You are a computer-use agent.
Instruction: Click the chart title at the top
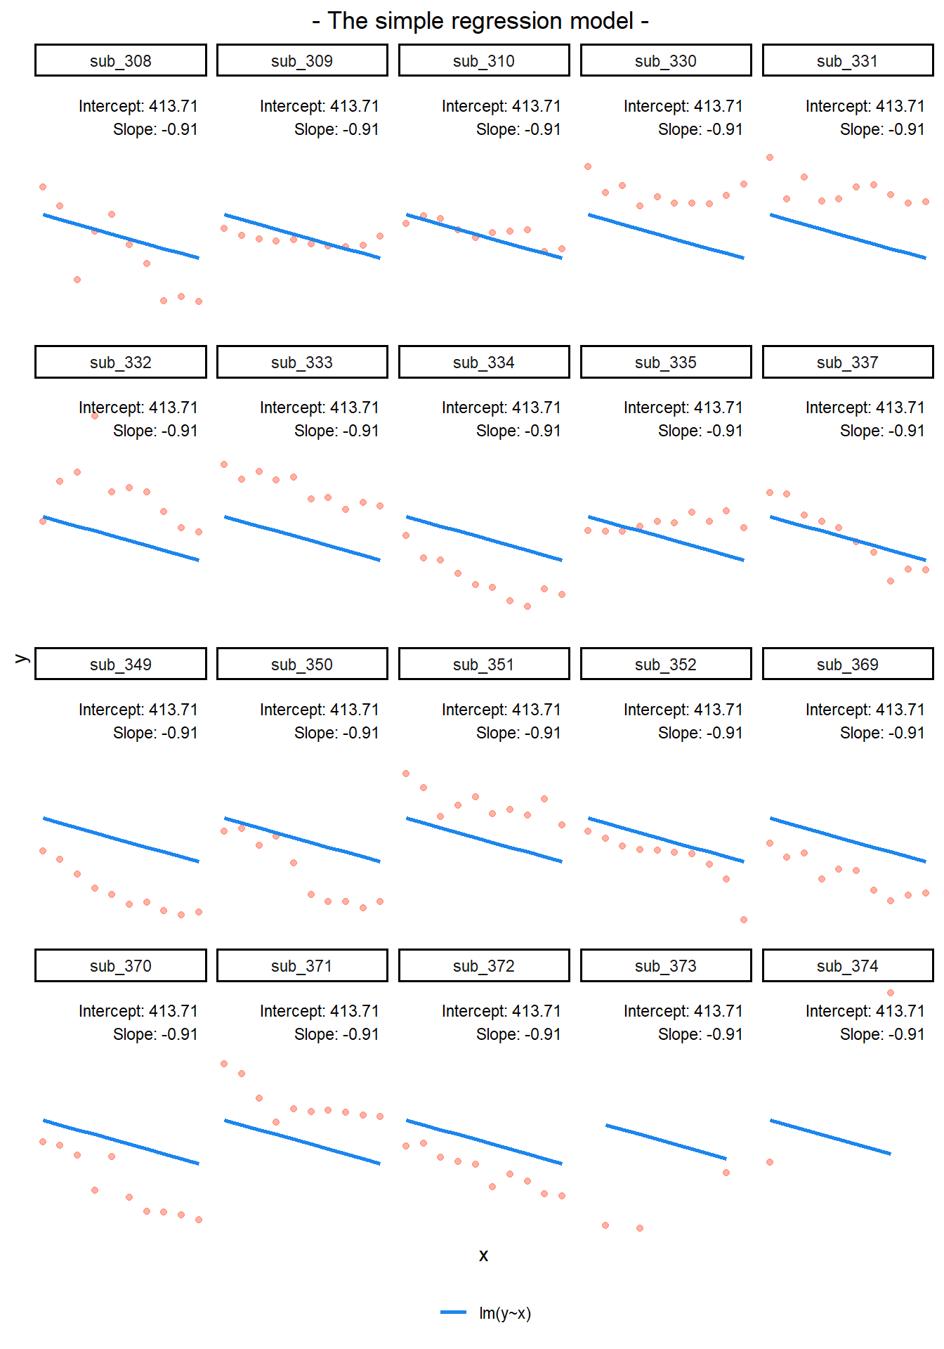point(480,21)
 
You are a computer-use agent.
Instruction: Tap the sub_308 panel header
point(121,61)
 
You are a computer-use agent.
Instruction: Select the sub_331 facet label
point(848,61)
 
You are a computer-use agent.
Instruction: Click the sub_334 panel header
point(484,363)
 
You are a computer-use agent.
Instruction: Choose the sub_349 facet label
point(121,665)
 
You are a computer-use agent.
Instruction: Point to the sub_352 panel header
point(666,665)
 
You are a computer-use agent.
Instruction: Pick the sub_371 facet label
point(302,966)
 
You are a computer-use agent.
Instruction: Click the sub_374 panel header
point(848,966)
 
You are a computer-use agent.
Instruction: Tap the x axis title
point(483,1256)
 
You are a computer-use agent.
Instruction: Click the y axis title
point(21,658)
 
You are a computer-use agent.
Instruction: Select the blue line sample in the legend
point(454,1312)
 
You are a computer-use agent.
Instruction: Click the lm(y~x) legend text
point(505,1313)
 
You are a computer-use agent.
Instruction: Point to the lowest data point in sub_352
point(744,920)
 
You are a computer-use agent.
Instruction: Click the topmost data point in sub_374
point(891,993)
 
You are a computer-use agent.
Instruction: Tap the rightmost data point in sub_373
point(726,1173)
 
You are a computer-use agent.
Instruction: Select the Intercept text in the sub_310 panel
point(501,106)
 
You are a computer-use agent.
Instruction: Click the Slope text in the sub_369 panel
point(882,733)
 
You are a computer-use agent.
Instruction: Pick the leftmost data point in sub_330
point(588,167)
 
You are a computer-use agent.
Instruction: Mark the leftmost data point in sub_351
point(406,774)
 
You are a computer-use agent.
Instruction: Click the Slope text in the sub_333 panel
point(336,431)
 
